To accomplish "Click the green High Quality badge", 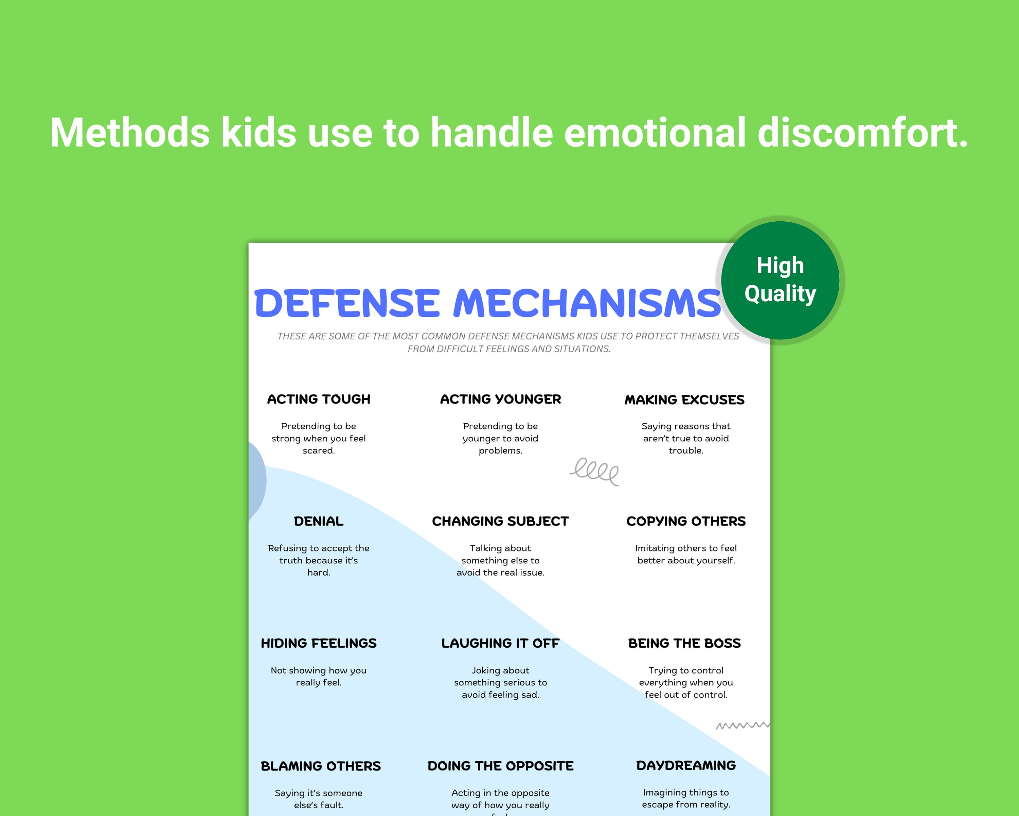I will click(x=780, y=280).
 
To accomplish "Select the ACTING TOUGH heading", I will click(x=319, y=399).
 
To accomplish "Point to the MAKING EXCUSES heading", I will click(x=684, y=400).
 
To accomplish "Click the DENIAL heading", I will click(x=319, y=521).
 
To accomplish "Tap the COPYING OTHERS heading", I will click(x=686, y=521).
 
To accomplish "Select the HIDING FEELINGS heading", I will click(x=319, y=643).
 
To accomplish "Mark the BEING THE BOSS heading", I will click(x=684, y=643).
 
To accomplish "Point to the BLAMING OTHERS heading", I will click(x=320, y=766).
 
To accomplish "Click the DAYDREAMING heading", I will click(x=686, y=765).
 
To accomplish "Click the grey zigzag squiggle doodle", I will click(x=742, y=725).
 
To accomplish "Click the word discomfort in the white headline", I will click(x=862, y=133).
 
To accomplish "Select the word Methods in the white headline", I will click(x=130, y=133).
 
